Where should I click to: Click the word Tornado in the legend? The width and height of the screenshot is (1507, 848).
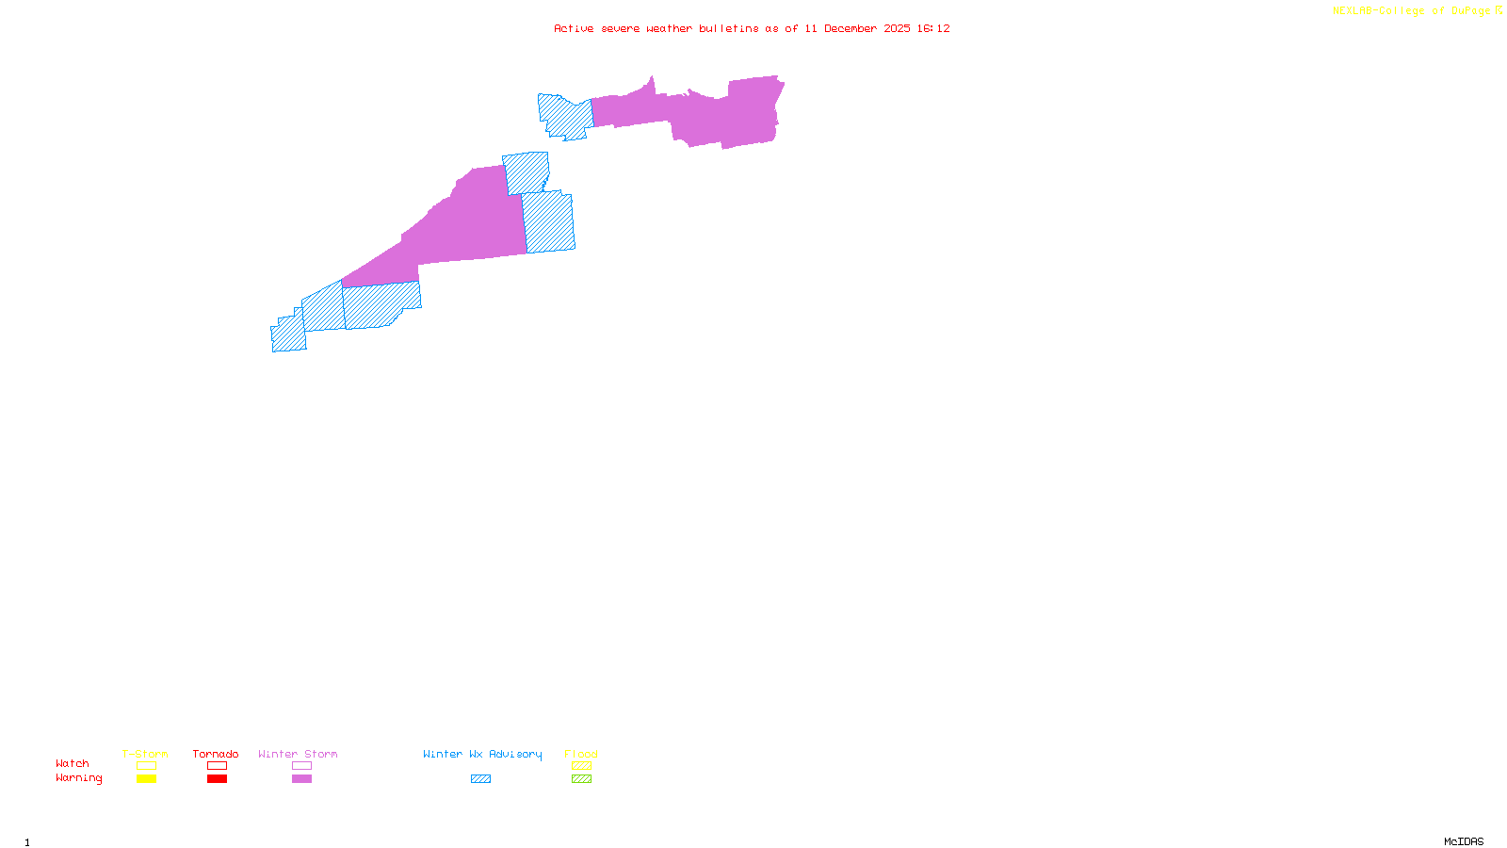coord(216,754)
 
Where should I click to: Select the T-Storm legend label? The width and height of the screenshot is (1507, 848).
coord(145,754)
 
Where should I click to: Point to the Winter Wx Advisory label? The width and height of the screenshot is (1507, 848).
coord(482,754)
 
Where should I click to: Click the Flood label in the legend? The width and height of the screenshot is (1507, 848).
coord(581,754)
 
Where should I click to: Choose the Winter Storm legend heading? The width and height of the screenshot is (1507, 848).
coord(298,754)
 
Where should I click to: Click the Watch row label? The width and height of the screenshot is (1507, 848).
coord(73,763)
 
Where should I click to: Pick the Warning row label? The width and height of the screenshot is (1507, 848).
coord(79,778)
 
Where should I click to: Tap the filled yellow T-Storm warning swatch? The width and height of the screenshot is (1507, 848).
coord(146,779)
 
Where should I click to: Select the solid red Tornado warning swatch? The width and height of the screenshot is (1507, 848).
coord(218,779)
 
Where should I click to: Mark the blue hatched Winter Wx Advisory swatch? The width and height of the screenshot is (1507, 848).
coord(481,779)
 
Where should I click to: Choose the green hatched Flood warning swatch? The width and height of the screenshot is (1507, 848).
coord(582,779)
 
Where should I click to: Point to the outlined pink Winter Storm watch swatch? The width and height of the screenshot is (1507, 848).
coord(301,766)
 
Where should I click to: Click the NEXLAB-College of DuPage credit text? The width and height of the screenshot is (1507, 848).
coord(1412,11)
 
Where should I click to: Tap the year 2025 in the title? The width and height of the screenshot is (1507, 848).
coord(897,28)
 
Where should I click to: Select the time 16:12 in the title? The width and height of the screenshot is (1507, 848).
coord(933,28)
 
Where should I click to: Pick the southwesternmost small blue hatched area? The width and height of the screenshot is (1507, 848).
coord(288,334)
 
